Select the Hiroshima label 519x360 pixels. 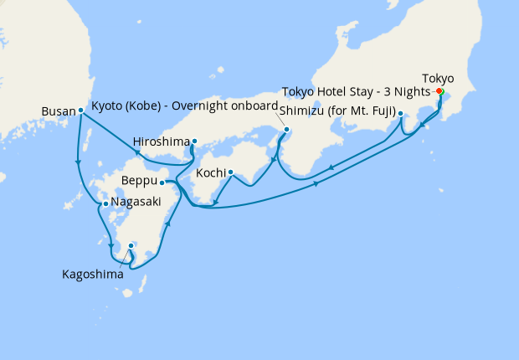pos(162,141)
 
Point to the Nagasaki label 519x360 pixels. pos(136,203)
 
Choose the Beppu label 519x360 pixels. pos(138,181)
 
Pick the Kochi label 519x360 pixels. pos(210,173)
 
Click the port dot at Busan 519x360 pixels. pos(80,111)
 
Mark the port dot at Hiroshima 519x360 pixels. pos(194,141)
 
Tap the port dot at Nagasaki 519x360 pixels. pos(105,203)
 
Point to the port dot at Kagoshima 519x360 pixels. pos(131,246)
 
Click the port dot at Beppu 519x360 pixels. pos(162,182)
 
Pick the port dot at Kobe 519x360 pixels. pos(287,130)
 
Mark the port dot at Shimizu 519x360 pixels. pos(401,114)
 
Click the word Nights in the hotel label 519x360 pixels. pos(412,91)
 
